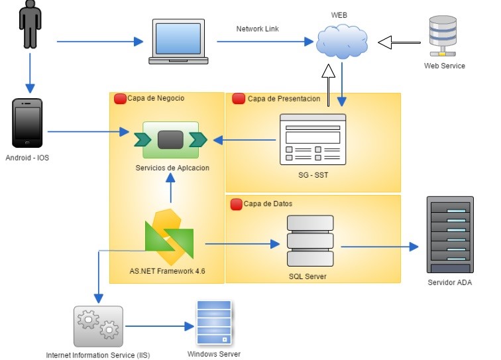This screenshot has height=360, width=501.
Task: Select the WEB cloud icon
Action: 341,42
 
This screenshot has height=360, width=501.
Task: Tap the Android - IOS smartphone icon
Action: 27,123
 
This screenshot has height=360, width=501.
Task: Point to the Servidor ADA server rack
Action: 451,236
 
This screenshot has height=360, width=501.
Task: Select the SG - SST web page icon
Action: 312,139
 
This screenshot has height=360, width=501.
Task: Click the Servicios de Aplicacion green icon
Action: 170,139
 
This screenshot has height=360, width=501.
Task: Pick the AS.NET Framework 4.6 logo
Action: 169,236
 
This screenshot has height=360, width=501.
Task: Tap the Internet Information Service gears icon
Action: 98,326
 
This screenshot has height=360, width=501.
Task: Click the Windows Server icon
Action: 213,324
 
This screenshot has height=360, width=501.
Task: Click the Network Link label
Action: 258,29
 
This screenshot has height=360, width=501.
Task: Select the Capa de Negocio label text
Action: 156,98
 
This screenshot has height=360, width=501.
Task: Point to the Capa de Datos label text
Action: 268,204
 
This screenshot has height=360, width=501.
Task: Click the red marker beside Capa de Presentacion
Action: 239,99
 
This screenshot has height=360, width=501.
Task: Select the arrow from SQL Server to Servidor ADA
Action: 380,247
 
